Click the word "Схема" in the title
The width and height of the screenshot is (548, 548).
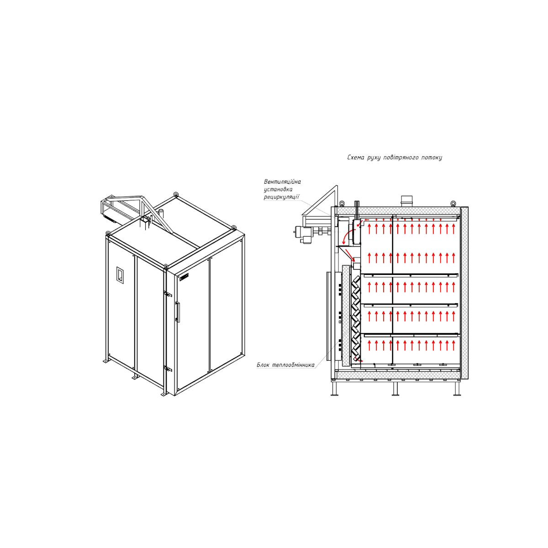tap(355, 158)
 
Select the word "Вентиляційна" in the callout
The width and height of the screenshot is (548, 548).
tap(282, 182)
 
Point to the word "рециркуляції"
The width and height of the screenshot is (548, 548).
tap(282, 197)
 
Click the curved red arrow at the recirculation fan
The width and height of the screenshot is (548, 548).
tap(347, 237)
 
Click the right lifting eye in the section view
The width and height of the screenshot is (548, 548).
tap(453, 203)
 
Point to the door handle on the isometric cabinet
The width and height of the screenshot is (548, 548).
tap(178, 312)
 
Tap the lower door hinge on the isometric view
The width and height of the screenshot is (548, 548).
tap(167, 369)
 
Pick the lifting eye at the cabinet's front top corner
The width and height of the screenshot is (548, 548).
tap(165, 266)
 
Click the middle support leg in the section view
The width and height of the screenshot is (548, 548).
tap(395, 389)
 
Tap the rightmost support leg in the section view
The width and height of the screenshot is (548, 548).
tap(457, 389)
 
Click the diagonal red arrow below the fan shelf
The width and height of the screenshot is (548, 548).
tap(350, 255)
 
